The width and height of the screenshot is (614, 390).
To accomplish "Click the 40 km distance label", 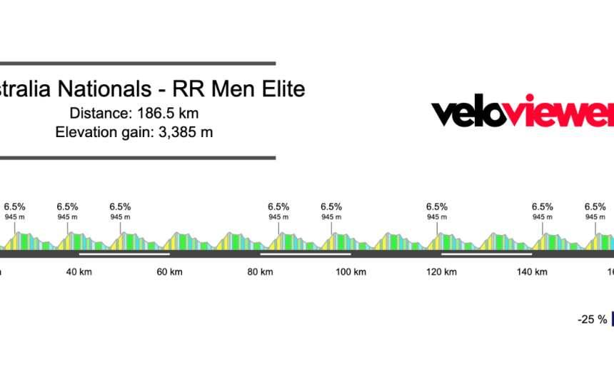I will point(79,271).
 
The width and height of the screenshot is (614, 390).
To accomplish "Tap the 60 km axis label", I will point(169,271).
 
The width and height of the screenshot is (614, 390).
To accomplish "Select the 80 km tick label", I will point(260,271).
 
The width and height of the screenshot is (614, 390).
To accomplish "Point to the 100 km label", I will point(351,271).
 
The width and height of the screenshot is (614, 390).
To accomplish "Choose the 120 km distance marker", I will point(441,271).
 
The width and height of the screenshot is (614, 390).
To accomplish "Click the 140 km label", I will point(532,271).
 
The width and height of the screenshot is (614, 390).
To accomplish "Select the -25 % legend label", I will point(592,319).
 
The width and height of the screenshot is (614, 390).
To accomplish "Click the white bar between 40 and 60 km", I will point(124,253).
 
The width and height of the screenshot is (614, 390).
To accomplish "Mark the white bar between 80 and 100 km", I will point(306,253).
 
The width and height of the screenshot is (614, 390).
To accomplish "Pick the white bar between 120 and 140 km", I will point(487,253).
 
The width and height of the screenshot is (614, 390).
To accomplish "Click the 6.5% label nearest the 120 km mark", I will point(437,207).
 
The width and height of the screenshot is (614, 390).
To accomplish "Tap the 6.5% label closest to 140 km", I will point(543,207).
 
